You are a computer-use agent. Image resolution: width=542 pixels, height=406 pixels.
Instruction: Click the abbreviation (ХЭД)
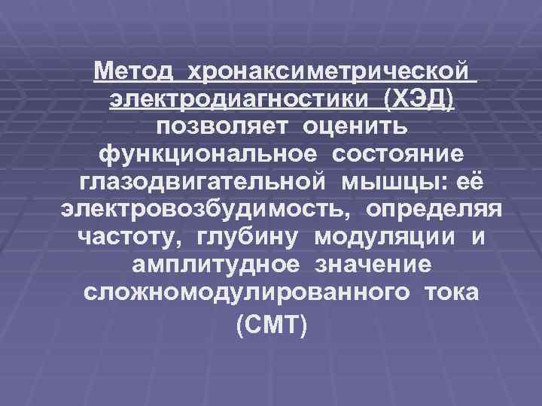point(419,99)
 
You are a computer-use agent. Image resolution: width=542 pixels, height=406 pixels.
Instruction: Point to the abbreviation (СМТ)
point(271,326)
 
